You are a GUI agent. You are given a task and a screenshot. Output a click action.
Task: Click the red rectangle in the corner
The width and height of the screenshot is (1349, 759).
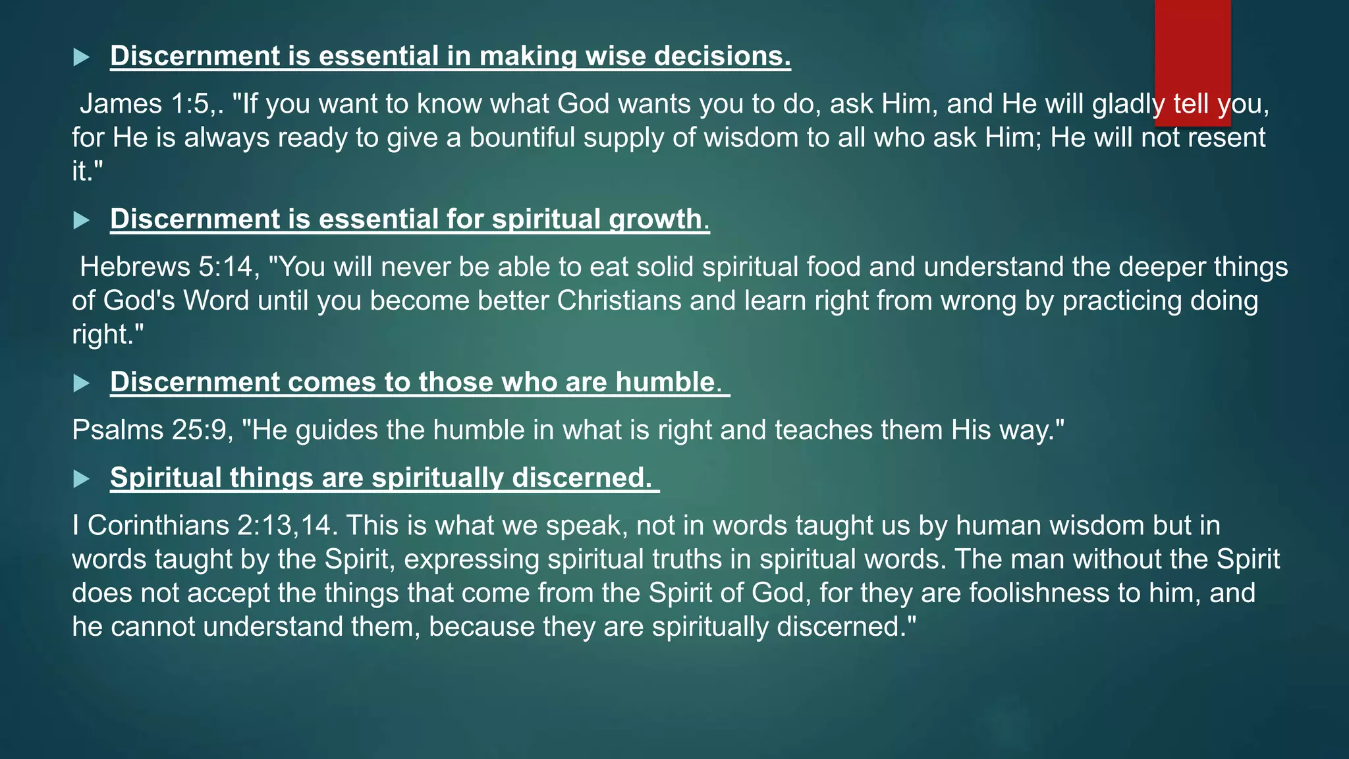click(x=1192, y=63)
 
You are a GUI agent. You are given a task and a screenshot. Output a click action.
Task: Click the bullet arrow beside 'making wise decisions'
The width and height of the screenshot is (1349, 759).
click(x=81, y=57)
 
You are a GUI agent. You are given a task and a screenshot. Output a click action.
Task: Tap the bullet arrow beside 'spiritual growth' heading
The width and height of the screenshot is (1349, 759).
click(x=81, y=220)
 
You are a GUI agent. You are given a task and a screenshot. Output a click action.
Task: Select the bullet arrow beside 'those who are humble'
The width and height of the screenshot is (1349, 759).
click(x=81, y=383)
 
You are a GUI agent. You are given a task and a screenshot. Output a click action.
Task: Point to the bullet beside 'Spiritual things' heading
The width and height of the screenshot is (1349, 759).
click(x=81, y=479)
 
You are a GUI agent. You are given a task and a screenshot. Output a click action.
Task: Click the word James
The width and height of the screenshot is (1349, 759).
click(x=121, y=104)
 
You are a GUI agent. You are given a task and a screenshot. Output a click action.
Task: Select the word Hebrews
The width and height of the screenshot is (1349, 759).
click(x=135, y=267)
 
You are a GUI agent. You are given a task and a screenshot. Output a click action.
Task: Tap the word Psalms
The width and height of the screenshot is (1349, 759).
click(x=117, y=430)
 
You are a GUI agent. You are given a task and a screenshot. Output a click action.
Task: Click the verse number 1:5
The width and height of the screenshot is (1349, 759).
click(x=195, y=104)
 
